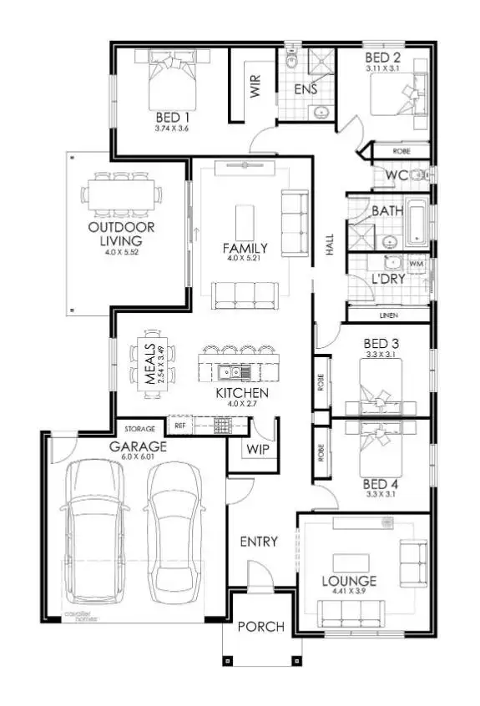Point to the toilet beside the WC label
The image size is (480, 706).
click(423, 175)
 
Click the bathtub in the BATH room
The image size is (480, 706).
click(419, 221)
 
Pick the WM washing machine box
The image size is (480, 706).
click(417, 264)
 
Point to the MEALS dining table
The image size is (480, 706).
click(152, 365)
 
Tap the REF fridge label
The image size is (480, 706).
click(179, 426)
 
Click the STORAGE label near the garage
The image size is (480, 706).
click(139, 429)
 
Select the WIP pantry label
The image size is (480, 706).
click(255, 449)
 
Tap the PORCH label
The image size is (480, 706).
click(260, 627)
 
